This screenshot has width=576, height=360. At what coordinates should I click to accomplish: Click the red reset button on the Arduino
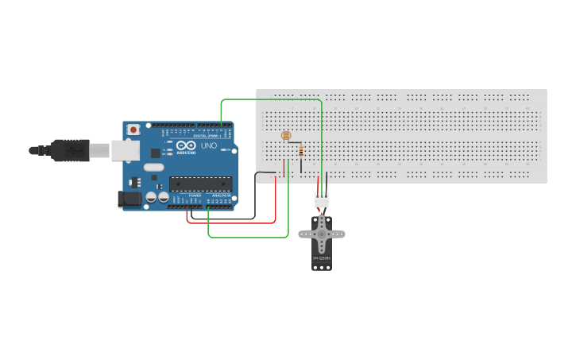[134, 129]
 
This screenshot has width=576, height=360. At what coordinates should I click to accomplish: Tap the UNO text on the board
[209, 146]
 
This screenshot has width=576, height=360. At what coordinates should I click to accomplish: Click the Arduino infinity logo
[187, 146]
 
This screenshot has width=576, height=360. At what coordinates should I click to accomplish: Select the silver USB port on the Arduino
[125, 150]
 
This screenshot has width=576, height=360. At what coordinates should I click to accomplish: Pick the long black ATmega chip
[199, 184]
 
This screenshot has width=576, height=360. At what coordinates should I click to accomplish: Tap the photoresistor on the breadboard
[286, 136]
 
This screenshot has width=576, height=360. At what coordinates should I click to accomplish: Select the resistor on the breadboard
[300, 151]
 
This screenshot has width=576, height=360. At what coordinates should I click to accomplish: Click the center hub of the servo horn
[322, 233]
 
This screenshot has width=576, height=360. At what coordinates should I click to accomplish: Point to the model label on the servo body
[321, 258]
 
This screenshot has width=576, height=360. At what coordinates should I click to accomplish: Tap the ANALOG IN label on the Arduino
[221, 195]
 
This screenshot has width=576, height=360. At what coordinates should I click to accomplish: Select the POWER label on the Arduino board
[195, 195]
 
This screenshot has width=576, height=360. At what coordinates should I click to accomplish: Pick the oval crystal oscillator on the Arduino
[153, 167]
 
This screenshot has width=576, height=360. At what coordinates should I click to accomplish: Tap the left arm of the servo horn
[306, 234]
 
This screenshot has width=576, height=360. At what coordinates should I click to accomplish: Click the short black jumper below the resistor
[301, 166]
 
